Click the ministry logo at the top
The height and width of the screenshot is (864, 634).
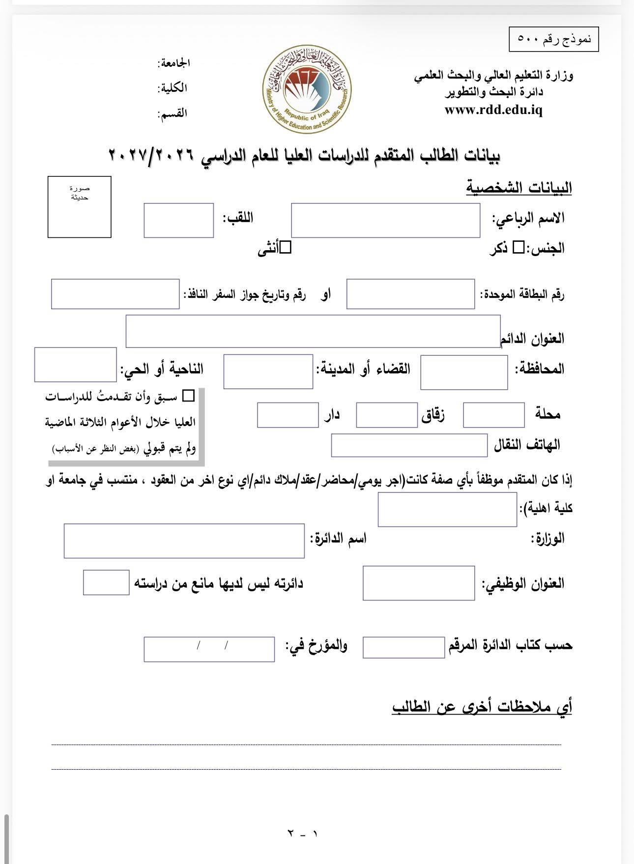tap(306, 90)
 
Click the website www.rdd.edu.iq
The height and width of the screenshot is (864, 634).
tap(493, 110)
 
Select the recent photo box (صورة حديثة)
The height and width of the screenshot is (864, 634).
tap(79, 207)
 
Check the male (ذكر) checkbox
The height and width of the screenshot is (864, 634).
tap(519, 248)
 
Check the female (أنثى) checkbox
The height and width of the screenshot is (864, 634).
tap(286, 248)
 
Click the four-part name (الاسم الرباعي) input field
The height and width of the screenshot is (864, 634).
tap(385, 221)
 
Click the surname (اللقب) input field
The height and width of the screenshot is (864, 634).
tap(178, 221)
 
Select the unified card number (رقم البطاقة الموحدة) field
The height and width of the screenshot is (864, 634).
tap(410, 294)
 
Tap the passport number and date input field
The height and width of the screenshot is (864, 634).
tap(115, 294)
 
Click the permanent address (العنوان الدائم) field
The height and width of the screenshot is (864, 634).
tap(313, 331)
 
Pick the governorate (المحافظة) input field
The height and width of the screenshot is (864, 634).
tap(464, 372)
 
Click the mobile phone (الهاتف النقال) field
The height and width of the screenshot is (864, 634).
tap(409, 445)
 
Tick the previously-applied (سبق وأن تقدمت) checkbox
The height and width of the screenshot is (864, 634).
tap(188, 396)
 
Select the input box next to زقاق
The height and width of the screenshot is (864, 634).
tap(386, 415)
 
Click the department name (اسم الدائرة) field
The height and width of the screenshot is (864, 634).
tap(184, 541)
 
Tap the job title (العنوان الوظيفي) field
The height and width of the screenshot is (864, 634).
tap(419, 583)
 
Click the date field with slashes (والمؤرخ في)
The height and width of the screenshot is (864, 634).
tap(209, 649)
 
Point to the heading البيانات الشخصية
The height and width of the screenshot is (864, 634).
tap(519, 188)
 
